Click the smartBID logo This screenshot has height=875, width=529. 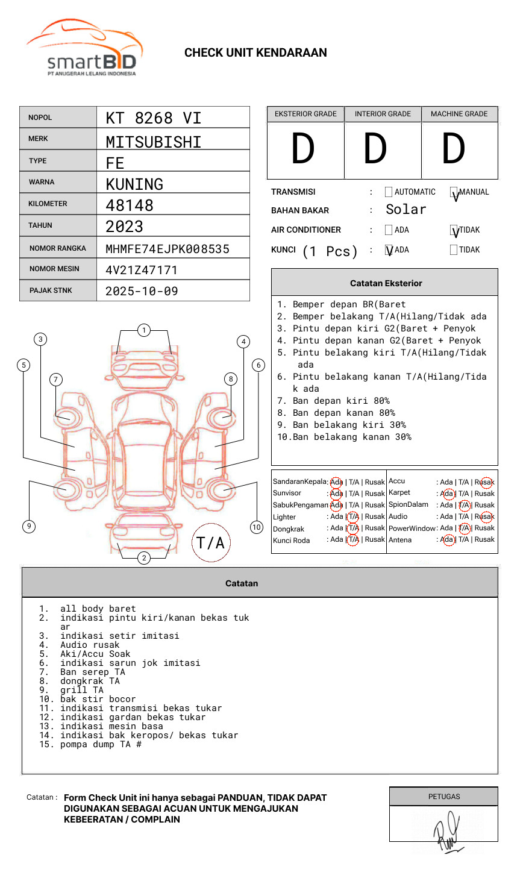84,48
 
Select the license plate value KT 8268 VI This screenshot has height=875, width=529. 154,118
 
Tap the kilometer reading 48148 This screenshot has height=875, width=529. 130,205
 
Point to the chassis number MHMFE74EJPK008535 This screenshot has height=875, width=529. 167,249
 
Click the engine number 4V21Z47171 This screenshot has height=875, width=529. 142,270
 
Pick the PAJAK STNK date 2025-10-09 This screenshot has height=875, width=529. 142,291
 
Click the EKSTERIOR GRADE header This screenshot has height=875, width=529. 305,114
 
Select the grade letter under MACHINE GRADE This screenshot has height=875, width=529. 454,149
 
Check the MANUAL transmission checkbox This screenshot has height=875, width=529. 454,193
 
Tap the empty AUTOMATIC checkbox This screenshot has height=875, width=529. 389,192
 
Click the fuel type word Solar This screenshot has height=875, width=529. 406,210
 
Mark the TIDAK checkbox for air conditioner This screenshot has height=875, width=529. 454,230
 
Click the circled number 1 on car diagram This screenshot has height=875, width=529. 143,330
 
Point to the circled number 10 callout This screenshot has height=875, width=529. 257,527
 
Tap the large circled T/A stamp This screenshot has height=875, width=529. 211,542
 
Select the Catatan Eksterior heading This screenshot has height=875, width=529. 386,283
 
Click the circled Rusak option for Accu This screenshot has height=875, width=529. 486,482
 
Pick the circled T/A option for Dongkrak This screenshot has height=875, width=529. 353,528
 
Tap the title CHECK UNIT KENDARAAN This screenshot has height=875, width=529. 255,53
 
